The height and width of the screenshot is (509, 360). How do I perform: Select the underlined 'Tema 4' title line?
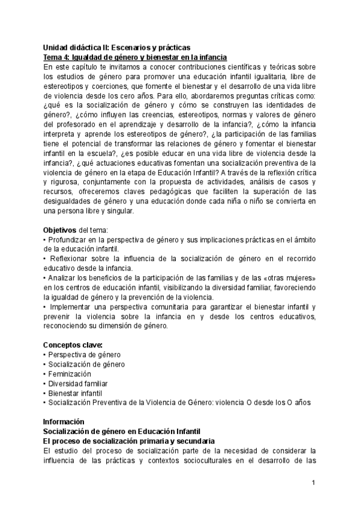point(135,57)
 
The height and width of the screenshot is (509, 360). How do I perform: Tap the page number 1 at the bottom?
point(313,482)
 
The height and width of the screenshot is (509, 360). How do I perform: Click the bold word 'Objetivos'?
point(60,230)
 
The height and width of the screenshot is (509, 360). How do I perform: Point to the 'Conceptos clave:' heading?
point(73,345)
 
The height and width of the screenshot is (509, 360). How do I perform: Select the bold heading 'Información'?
point(64,422)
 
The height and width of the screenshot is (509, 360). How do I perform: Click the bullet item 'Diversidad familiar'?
point(80,384)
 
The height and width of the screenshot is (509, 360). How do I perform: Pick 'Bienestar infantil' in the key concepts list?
point(77,393)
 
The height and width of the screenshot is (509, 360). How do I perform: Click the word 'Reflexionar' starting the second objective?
point(68,259)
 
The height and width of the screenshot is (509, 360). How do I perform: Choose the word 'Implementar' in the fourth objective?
point(70,307)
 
